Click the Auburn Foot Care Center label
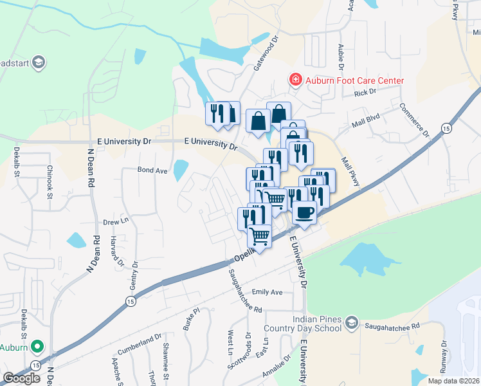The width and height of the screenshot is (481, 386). [x=354, y=80]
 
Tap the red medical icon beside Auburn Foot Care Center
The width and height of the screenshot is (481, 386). [x=295, y=80]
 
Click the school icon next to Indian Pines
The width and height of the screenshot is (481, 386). [x=351, y=322]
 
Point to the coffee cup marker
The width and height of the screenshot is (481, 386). [x=304, y=212]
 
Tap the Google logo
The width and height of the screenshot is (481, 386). [x=22, y=378]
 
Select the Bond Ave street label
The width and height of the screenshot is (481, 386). [x=152, y=170]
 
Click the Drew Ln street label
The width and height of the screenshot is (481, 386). [x=116, y=222]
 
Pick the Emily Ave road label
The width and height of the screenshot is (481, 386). [x=268, y=292]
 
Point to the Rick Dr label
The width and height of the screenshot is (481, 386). [x=365, y=93]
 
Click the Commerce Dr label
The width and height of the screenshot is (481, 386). [x=415, y=120]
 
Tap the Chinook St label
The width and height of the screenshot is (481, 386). [x=50, y=179]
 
